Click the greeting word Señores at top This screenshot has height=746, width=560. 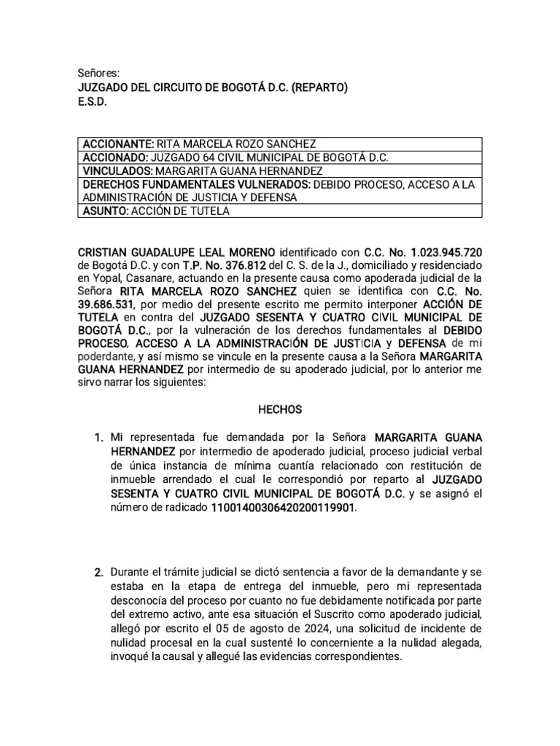[x=98, y=74]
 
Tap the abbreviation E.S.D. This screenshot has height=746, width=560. [x=92, y=103]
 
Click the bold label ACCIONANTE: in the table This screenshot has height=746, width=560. [x=118, y=144]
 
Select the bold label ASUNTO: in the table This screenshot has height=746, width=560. [x=105, y=211]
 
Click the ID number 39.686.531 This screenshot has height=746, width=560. [x=108, y=305]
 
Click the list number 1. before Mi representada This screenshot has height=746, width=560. [x=98, y=438]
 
